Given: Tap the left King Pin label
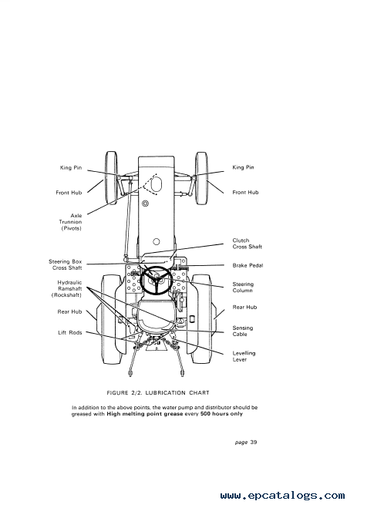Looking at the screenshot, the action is tap(71, 168).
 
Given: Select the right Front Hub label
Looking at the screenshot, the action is tap(245, 193).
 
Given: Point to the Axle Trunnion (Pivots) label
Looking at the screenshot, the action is tap(70, 222).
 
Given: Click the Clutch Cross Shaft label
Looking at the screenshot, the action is tap(247, 244).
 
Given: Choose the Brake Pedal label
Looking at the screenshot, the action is tap(248, 265).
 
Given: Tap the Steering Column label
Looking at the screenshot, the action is tap(243, 288).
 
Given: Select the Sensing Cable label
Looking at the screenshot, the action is tap(243, 331).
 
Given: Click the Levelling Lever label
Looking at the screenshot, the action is tap(244, 356).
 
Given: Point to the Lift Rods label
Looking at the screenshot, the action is tap(70, 333).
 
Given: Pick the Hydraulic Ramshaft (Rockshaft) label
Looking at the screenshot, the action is tap(66, 288).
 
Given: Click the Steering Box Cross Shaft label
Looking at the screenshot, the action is tap(65, 264).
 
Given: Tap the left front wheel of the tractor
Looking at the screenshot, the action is tap(111, 177).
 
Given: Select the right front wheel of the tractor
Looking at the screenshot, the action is tap(201, 178).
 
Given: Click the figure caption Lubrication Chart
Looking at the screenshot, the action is tap(158, 393).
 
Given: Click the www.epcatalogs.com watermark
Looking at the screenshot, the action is tap(282, 496).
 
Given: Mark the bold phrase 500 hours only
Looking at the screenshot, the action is tap(221, 414).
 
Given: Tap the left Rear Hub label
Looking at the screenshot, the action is tap(69, 312).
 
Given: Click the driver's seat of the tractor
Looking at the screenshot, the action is tap(157, 316).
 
